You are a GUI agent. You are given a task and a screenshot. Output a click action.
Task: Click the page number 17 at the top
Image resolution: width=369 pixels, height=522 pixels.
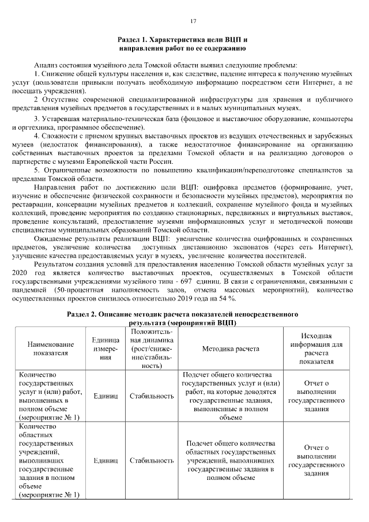tap(193, 21)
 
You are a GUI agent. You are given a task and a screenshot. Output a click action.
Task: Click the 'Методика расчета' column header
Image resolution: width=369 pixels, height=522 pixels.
tap(230, 349)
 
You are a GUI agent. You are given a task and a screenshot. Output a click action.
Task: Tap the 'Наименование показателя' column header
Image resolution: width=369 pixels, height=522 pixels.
tap(51, 349)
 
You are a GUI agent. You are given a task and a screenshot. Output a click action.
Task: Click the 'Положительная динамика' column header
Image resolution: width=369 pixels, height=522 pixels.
tap(151, 349)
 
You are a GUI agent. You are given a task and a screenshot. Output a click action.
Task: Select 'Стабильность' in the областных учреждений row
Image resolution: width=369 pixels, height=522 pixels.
tap(151, 460)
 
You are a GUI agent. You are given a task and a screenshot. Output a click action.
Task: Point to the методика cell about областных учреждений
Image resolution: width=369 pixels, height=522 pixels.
tap(230, 460)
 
